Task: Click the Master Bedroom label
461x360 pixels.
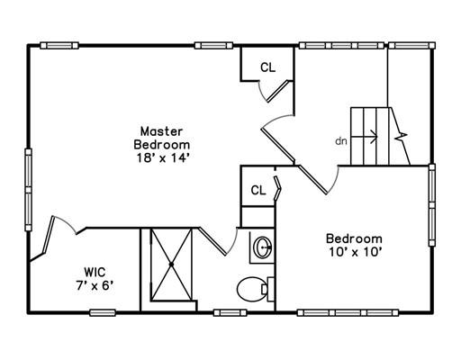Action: (162, 138)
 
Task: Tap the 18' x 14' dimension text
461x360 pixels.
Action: (162, 157)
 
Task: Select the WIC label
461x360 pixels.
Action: (95, 272)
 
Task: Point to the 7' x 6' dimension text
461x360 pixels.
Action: (95, 286)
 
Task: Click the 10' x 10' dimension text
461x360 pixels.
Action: (355, 252)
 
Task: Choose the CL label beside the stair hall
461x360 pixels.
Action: (267, 67)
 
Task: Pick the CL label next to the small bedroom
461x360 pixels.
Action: (258, 190)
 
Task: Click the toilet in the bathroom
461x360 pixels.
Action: (255, 289)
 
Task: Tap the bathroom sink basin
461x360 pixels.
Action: (263, 247)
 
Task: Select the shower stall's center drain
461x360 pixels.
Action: (171, 265)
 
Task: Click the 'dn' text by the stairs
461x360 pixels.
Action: (341, 140)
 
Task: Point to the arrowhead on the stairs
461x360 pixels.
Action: (375, 137)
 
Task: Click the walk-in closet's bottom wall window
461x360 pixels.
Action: (103, 313)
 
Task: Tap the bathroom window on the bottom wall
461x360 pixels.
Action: (230, 313)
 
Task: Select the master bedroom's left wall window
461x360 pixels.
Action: (28, 190)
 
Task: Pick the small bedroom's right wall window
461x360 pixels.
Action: (432, 205)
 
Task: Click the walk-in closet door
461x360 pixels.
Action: (49, 235)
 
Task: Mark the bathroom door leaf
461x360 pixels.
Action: (212, 241)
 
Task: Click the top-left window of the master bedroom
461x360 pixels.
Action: (59, 46)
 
